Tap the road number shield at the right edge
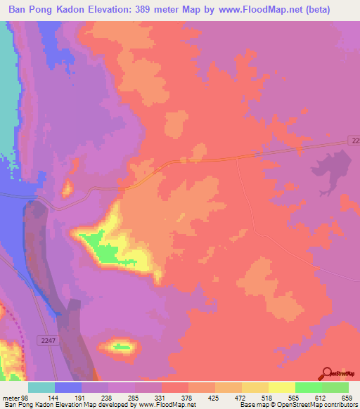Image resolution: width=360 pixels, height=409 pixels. click(x=354, y=142)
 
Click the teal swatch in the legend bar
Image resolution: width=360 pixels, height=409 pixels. click(x=41, y=387)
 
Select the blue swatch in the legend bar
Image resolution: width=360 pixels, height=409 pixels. click(x=68, y=387)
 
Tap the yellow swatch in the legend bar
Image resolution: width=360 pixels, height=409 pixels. click(x=282, y=387)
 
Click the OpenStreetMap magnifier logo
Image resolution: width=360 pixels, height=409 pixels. click(x=326, y=373)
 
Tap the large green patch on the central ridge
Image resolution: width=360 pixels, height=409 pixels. click(x=102, y=249)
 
